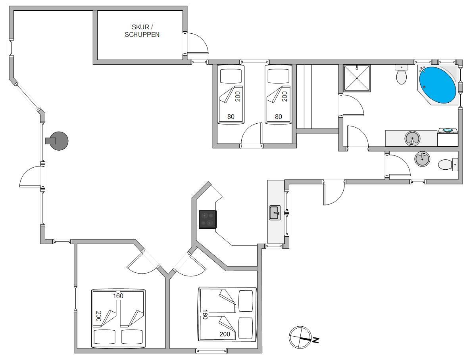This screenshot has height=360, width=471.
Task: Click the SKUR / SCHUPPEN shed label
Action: [x=142, y=31]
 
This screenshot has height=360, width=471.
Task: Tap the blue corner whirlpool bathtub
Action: [x=438, y=85]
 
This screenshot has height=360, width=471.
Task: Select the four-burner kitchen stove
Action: [x=208, y=219]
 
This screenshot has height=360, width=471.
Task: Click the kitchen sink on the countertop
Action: [x=275, y=213]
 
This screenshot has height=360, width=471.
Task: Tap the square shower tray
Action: [x=357, y=79]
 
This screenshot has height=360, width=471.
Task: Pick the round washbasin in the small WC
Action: [x=422, y=159]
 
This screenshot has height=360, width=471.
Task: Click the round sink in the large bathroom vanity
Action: [x=412, y=138]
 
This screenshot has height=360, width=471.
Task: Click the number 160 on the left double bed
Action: [x=118, y=296]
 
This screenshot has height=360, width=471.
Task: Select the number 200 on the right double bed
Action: [x=225, y=334]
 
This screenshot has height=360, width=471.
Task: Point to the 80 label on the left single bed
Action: [x=231, y=117]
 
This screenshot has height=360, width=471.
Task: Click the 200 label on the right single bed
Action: [x=285, y=96]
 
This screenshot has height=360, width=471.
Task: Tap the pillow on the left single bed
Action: [x=231, y=76]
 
